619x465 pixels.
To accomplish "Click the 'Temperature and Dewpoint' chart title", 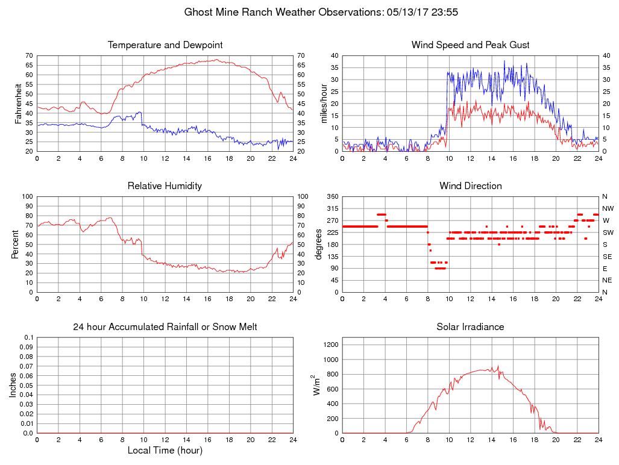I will click(165, 45).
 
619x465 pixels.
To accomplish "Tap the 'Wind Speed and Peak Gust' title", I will click(470, 45).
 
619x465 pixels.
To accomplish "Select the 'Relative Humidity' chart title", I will click(165, 186).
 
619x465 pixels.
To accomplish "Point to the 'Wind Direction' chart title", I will click(470, 186).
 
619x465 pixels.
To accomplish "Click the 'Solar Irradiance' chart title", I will click(470, 327).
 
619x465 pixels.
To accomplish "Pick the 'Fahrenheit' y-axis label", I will click(19, 104).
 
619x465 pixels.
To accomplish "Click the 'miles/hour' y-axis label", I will click(324, 104).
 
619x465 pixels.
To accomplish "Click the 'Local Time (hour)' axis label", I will click(165, 451).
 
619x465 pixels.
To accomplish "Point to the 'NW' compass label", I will click(608, 208).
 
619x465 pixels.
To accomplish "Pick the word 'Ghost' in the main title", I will click(199, 12).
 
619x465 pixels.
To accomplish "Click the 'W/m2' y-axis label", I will click(316, 385).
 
